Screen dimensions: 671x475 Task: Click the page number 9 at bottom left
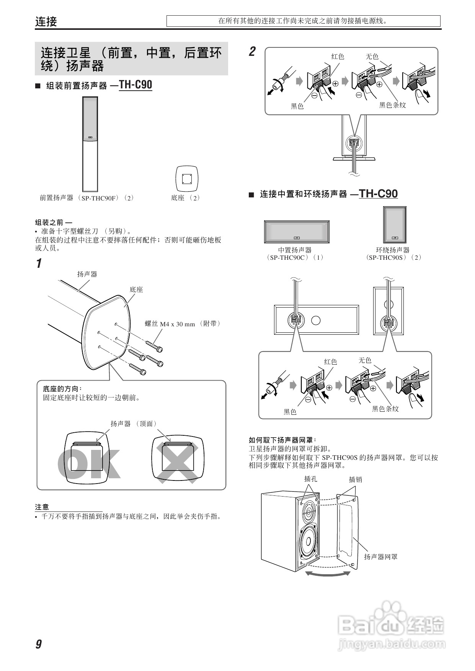click(39, 644)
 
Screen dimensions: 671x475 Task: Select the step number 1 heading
click(39, 264)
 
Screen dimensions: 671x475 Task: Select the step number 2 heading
click(252, 52)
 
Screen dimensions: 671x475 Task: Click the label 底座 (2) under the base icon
click(185, 198)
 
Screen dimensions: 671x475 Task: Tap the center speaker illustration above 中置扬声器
click(297, 232)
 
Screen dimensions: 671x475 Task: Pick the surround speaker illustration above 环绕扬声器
click(394, 225)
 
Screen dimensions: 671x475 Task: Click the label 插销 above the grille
click(355, 479)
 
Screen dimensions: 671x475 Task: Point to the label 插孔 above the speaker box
click(310, 479)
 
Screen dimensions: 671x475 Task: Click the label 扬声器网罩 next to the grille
click(380, 557)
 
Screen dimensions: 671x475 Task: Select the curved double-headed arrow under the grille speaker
click(328, 574)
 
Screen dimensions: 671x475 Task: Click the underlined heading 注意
click(42, 507)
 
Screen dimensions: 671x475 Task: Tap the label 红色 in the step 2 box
click(338, 57)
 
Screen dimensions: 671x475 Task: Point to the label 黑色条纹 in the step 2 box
click(392, 105)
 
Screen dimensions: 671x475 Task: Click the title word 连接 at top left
click(46, 21)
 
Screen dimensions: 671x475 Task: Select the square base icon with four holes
click(186, 179)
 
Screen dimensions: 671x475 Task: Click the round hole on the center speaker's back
click(316, 320)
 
